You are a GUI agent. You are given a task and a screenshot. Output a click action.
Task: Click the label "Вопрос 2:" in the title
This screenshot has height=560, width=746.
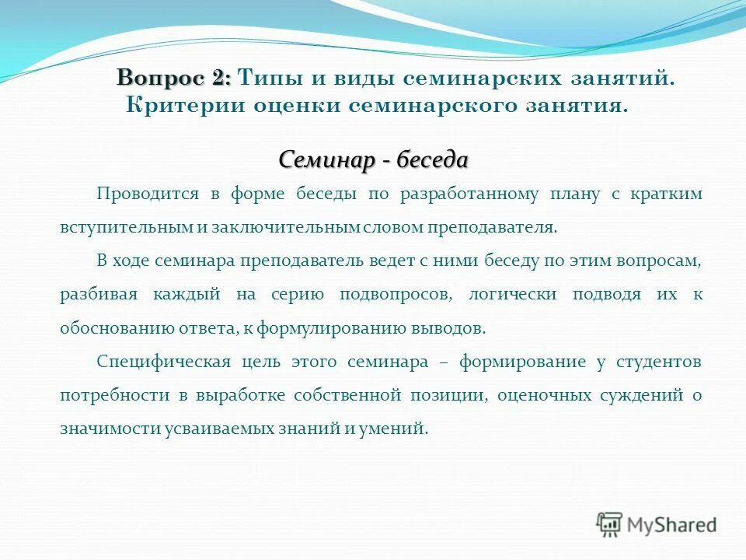tap(174, 78)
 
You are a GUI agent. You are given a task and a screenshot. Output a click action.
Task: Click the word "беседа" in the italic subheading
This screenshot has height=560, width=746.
tap(433, 160)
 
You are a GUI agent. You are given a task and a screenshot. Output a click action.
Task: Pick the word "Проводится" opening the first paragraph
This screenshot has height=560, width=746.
tap(148, 194)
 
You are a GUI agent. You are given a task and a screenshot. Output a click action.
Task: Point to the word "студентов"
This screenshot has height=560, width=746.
tap(659, 362)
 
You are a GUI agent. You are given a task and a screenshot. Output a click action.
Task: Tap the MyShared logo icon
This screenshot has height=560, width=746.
tap(609, 523)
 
